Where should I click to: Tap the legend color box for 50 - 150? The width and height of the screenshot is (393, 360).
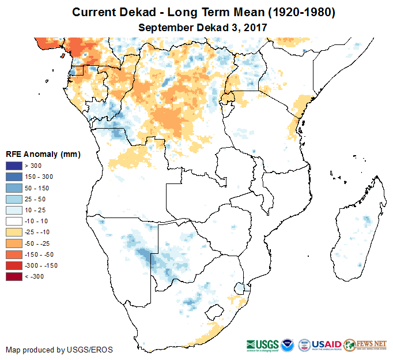14,189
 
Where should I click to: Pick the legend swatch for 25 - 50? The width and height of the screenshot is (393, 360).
14,200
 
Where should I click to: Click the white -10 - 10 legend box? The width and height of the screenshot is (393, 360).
14,222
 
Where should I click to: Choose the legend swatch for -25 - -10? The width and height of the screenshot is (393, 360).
14,232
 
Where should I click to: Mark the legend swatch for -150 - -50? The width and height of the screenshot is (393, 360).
14,254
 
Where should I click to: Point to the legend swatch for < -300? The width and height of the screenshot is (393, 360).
14,276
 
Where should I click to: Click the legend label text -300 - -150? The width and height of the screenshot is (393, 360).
42,265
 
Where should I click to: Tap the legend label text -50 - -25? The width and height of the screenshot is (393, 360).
38,243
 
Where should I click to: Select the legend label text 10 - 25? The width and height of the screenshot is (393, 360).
36,211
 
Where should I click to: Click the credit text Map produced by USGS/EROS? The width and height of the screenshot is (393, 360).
59,350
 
